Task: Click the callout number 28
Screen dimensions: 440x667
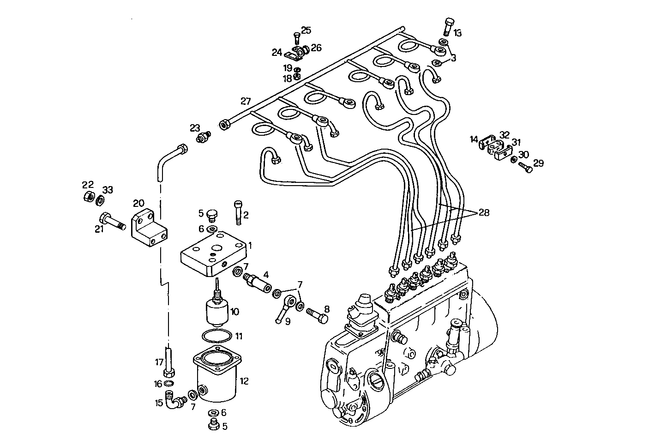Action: tap(483, 212)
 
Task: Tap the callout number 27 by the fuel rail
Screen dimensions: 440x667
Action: tap(246, 101)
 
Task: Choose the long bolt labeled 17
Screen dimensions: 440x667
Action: tap(168, 362)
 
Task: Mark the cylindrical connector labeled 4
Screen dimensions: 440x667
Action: tap(257, 281)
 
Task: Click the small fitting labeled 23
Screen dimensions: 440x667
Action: tap(203, 137)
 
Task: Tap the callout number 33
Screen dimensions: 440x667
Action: tap(108, 190)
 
